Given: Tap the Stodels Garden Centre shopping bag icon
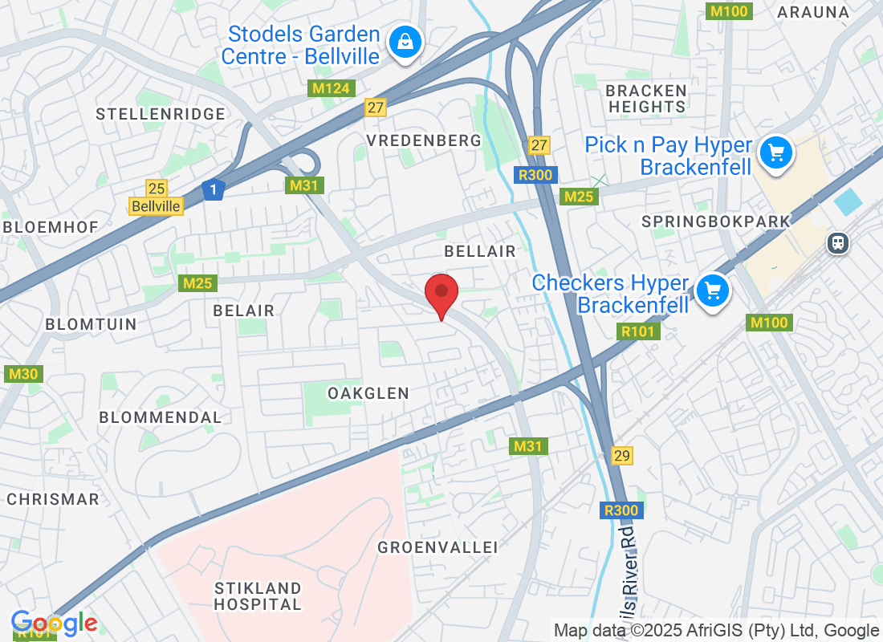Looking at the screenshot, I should coord(406,43).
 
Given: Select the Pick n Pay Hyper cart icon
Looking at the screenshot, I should coord(775,153).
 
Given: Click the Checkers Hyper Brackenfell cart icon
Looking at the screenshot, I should coord(712,291).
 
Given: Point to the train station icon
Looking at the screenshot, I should coord(838,242).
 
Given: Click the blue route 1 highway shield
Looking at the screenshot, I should coord(213,190).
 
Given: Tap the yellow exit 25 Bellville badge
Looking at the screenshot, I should coord(157,197).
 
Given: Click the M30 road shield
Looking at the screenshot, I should coord(23,374).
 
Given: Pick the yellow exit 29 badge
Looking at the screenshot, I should coord(621,455).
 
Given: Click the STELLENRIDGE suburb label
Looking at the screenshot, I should coord(161,114).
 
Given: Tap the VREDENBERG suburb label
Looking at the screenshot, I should coord(424,140).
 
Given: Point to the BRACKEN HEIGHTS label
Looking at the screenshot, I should coord(647,98).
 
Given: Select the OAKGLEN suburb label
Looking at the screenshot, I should coord(368,393).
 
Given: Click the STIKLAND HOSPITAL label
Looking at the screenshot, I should coord(258,596).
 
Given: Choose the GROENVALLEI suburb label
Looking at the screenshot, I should coord(437,547).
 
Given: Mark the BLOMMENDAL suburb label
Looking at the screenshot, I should coord(160,417).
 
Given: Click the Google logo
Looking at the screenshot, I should coord(55,623).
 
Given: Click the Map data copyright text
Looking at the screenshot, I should coord(716,631).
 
